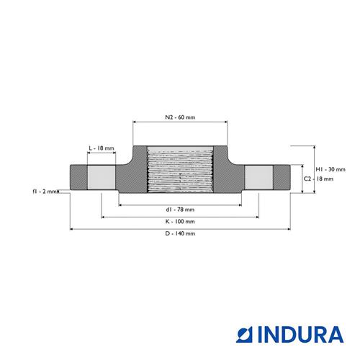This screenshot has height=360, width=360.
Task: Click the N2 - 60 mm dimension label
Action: point(180,117)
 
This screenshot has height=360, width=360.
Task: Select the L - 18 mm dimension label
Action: point(102,148)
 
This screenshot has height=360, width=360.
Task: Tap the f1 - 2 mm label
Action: point(45,192)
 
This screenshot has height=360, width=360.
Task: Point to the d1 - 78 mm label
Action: point(180,210)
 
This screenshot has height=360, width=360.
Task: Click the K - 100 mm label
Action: point(180,221)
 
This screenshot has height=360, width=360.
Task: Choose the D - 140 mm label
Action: point(180,233)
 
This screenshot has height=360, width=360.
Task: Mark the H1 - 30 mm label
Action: point(330,169)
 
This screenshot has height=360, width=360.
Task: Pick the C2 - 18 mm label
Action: point(318,179)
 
